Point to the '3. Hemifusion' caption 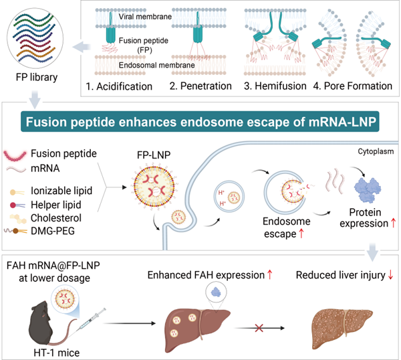coord(273,86)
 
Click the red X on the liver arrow coord(255,329)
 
